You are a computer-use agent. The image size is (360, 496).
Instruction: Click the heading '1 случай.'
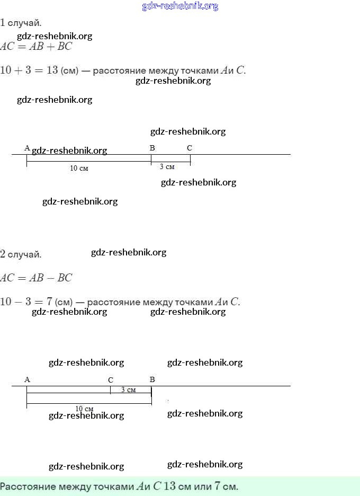[21, 23]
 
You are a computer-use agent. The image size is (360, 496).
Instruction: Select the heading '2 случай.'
[21, 254]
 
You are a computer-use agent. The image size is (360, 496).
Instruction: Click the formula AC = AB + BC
[36, 46]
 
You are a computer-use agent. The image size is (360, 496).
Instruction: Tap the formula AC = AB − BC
[36, 278]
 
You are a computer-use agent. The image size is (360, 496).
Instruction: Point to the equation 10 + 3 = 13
[29, 70]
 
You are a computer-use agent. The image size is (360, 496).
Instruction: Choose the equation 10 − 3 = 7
[26, 302]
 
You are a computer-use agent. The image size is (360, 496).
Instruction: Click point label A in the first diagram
[27, 148]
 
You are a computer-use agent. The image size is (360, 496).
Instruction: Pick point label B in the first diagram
[152, 148]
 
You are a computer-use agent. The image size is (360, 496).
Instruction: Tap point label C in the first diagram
[190, 148]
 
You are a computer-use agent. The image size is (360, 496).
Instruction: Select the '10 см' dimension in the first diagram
[79, 168]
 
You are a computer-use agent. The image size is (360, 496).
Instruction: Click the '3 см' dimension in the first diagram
[167, 167]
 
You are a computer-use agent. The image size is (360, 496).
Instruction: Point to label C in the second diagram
[111, 380]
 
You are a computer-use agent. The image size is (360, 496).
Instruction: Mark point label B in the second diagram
[152, 379]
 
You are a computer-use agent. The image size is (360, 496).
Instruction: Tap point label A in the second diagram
[27, 379]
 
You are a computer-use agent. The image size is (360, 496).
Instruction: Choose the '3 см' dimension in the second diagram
[128, 390]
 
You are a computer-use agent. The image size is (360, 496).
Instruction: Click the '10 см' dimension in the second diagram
[84, 409]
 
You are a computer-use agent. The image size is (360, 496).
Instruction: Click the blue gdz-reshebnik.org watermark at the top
[180, 6]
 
